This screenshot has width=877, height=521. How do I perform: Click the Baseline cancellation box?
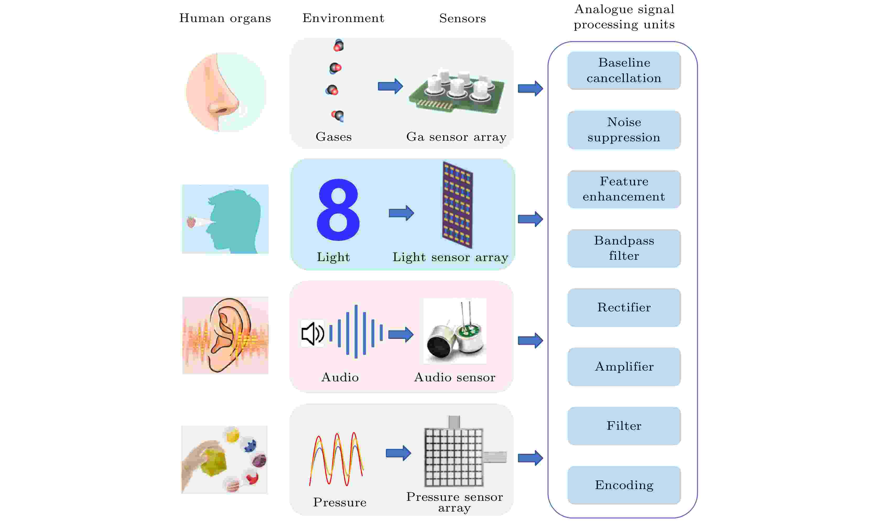[624, 70]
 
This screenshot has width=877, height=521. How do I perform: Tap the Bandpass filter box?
[624, 248]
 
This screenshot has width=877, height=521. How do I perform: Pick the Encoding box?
[624, 485]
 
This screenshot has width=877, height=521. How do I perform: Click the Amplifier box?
[624, 367]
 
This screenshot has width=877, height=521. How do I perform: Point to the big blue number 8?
[338, 210]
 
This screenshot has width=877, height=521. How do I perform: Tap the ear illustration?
[225, 335]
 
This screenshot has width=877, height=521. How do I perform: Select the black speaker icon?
[312, 334]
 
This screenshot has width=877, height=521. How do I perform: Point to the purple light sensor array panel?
[457, 205]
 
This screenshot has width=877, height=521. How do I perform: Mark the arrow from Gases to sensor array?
[390, 86]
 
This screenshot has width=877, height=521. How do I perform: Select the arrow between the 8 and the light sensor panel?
[401, 213]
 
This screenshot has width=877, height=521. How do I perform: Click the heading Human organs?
[225, 18]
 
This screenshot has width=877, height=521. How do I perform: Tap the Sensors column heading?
[462, 18]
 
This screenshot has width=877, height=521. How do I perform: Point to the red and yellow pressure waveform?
[336, 459]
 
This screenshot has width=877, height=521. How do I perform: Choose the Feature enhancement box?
[624, 189]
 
